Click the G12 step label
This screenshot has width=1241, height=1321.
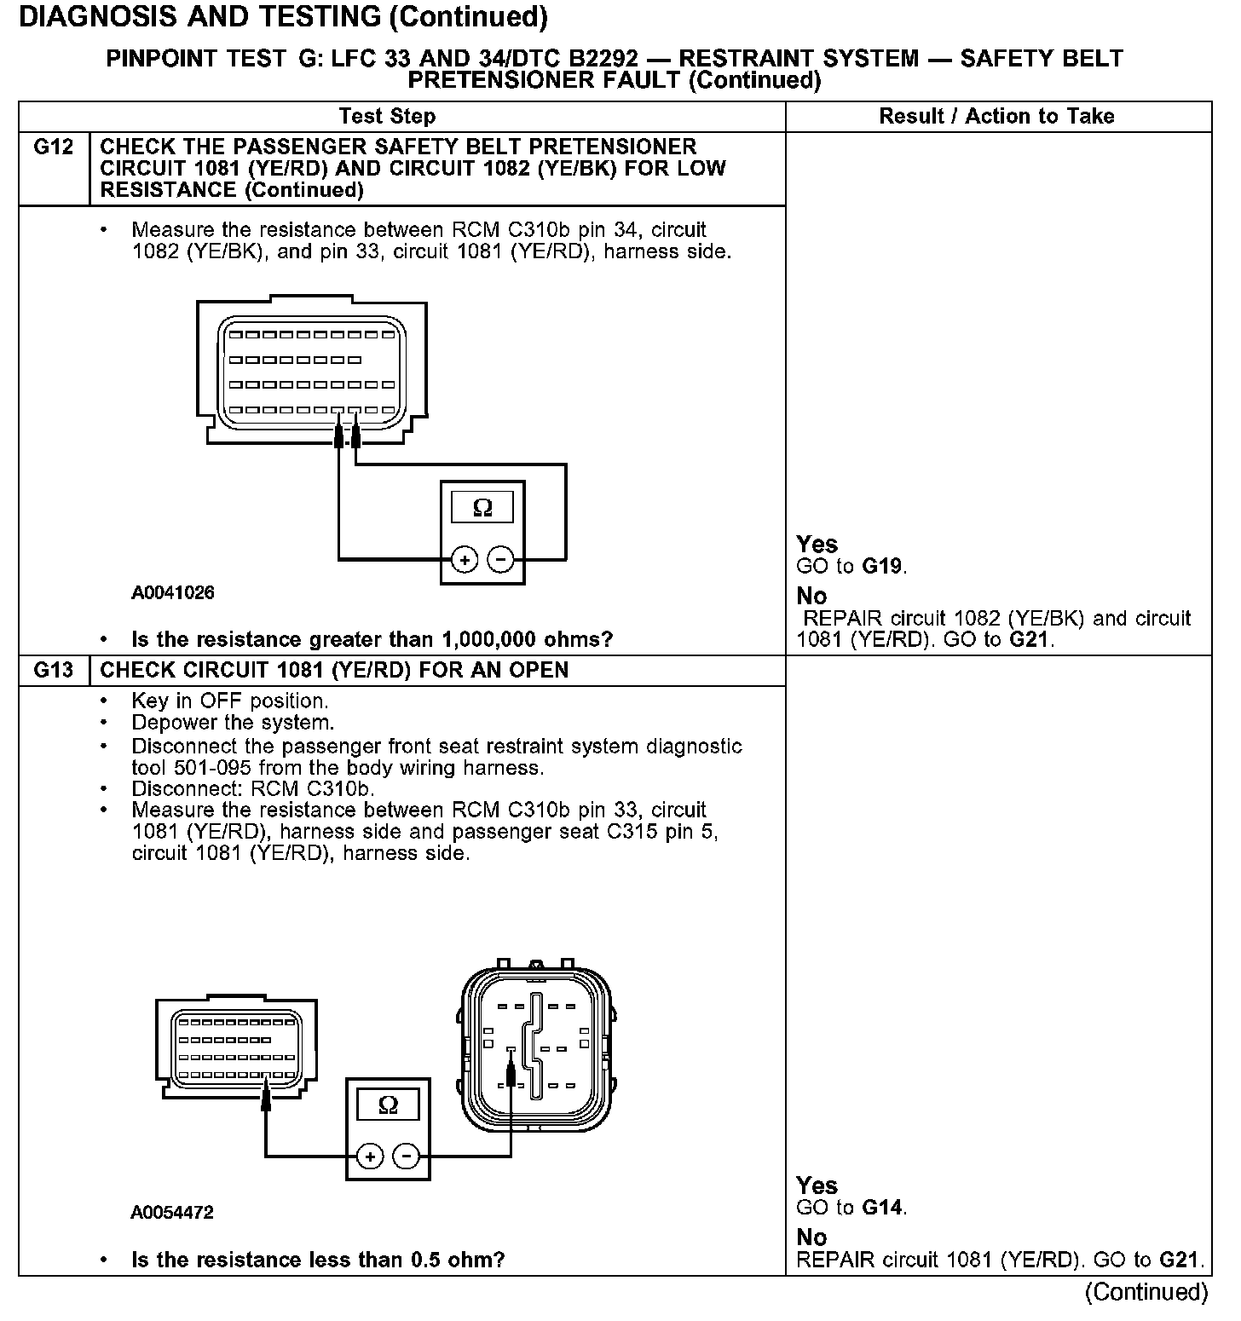[54, 147]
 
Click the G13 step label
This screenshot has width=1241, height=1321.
[54, 670]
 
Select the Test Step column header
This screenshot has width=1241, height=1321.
[387, 117]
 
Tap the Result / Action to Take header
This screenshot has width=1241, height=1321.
[996, 117]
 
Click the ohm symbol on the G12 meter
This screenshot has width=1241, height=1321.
[482, 509]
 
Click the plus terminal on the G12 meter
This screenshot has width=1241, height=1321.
[464, 560]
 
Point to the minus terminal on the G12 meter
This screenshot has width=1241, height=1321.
[500, 560]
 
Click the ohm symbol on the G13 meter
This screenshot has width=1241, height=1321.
[388, 1106]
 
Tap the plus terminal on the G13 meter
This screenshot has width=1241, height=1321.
[370, 1157]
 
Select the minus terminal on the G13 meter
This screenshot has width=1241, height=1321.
[407, 1157]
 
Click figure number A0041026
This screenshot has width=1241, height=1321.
[173, 593]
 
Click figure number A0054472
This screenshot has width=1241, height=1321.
[172, 1212]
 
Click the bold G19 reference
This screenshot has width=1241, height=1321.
[882, 567]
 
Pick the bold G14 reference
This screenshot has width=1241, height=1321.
[882, 1208]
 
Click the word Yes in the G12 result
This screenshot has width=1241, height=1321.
[817, 545]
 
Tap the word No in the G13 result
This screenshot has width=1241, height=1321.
[811, 1237]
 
